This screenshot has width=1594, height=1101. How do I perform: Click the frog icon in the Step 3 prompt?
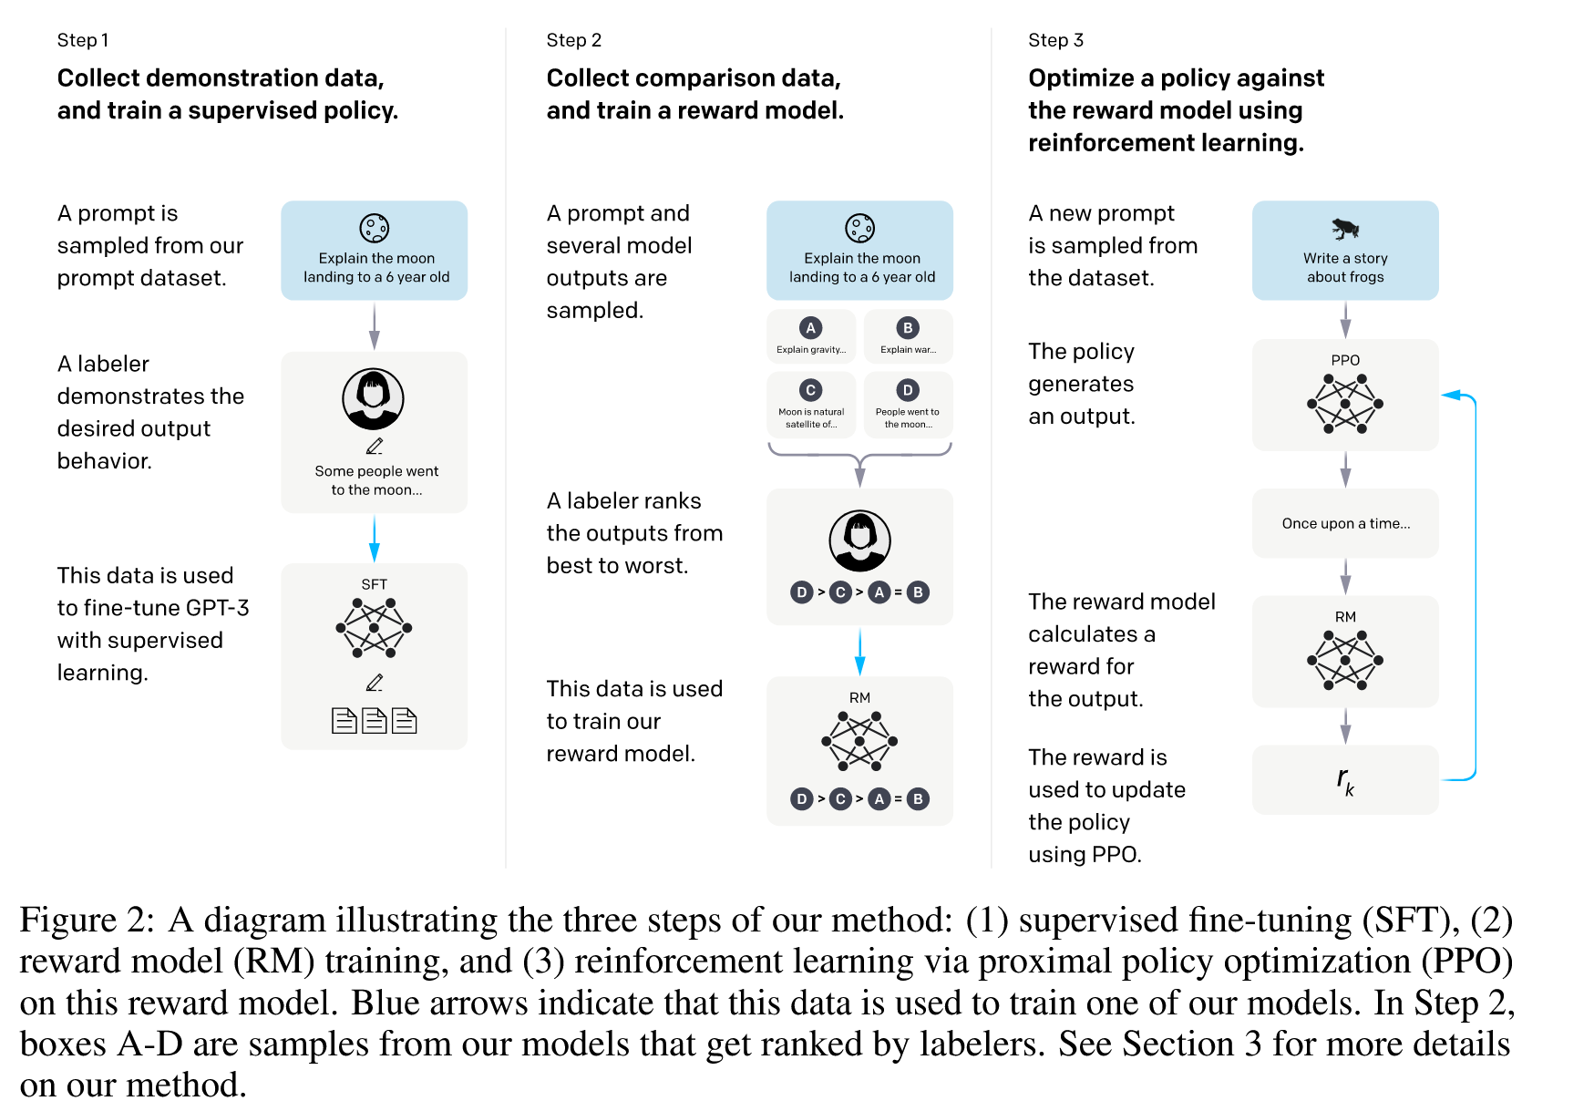(1345, 228)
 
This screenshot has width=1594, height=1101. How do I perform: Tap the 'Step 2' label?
(573, 40)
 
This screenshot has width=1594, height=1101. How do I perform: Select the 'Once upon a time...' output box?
(1345, 523)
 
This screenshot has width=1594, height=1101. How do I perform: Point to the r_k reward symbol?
(1345, 780)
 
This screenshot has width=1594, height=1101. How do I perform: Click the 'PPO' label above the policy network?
(1345, 360)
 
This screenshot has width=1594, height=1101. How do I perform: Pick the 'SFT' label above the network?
(374, 584)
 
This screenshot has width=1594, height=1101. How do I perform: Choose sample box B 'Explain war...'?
(908, 336)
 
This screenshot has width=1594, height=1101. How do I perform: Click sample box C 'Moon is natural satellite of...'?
(811, 404)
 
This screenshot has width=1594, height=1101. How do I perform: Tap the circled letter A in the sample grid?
(810, 328)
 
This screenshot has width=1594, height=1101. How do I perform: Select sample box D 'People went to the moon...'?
(908, 404)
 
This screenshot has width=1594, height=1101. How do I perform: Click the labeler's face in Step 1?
(373, 396)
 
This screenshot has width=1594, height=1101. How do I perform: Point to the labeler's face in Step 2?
(859, 537)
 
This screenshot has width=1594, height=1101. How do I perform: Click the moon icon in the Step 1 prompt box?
(374, 228)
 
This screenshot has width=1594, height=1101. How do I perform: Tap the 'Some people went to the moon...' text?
(376, 480)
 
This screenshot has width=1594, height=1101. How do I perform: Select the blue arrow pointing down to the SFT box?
(374, 539)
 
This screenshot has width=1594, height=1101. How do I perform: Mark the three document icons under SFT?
(374, 721)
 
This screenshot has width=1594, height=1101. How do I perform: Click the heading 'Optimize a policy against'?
(1176, 78)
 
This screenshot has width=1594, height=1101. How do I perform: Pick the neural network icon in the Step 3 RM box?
(1345, 661)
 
